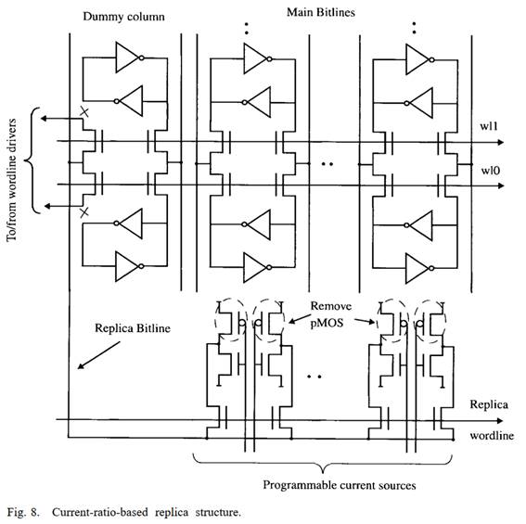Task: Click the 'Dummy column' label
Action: click(123, 17)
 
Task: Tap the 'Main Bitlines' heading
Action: click(321, 12)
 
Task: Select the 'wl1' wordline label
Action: click(489, 126)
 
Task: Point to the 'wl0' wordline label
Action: click(491, 171)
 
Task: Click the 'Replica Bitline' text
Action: click(133, 327)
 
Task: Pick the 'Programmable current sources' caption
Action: click(340, 485)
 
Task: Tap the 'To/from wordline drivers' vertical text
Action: click(11, 180)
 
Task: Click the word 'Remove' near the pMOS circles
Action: click(331, 306)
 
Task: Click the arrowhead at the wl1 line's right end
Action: click(500, 143)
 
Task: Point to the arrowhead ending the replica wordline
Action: click(500, 421)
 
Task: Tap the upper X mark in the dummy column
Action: click(84, 112)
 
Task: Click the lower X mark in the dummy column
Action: click(84, 212)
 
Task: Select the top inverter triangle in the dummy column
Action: click(127, 58)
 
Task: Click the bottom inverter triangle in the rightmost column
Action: click(417, 268)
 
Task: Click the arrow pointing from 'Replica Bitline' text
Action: click(98, 355)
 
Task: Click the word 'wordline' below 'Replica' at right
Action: click(492, 436)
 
